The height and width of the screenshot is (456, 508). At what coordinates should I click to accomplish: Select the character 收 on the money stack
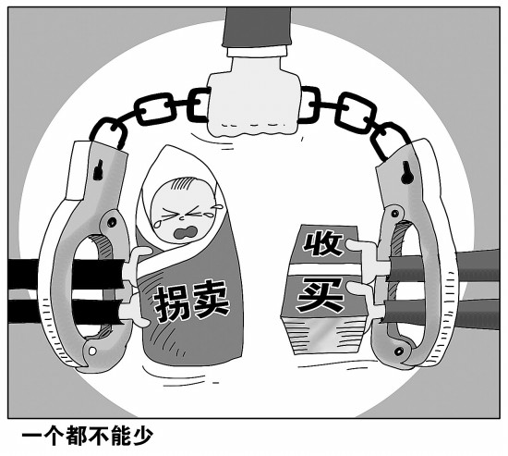coord(322,244)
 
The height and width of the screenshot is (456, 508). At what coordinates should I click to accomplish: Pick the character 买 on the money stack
coord(321,296)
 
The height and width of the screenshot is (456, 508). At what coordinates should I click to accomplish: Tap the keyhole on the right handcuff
coord(405,172)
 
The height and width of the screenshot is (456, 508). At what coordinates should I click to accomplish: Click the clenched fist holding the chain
coord(254,103)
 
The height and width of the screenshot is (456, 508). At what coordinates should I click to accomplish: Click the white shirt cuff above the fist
coord(257,51)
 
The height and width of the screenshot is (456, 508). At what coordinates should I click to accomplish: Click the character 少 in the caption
coord(142,437)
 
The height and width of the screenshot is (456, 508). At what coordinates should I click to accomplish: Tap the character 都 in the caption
coord(76,437)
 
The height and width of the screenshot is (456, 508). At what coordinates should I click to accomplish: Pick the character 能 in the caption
coord(120,437)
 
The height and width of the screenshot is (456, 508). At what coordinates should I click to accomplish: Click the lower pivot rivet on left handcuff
coord(92,351)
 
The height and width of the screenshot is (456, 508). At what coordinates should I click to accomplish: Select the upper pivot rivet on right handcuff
coord(394,214)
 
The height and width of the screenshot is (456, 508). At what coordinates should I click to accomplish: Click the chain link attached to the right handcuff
coord(390,141)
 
